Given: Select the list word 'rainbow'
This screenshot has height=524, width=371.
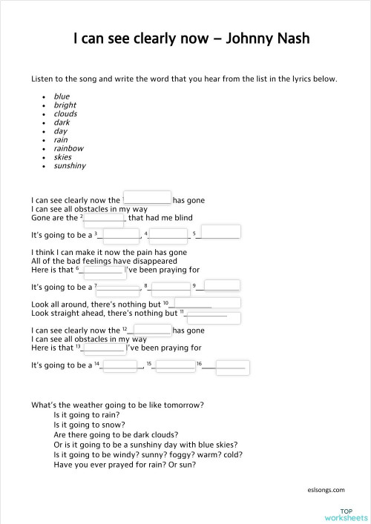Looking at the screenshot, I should point(68,148).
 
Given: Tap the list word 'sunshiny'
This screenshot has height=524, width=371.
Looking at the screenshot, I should point(70,166).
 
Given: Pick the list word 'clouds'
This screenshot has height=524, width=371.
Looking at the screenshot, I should point(65,114).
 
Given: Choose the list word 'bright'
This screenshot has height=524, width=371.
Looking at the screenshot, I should point(65,105).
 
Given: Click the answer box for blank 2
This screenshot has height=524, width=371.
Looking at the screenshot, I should point(104,219).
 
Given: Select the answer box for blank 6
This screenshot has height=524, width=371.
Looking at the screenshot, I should point(105,271).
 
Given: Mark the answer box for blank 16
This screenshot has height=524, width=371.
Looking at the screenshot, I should point(227,368).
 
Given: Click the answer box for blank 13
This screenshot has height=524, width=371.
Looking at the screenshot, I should point(104,348).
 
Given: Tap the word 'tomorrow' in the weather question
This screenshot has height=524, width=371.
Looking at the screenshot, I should point(182,405).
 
